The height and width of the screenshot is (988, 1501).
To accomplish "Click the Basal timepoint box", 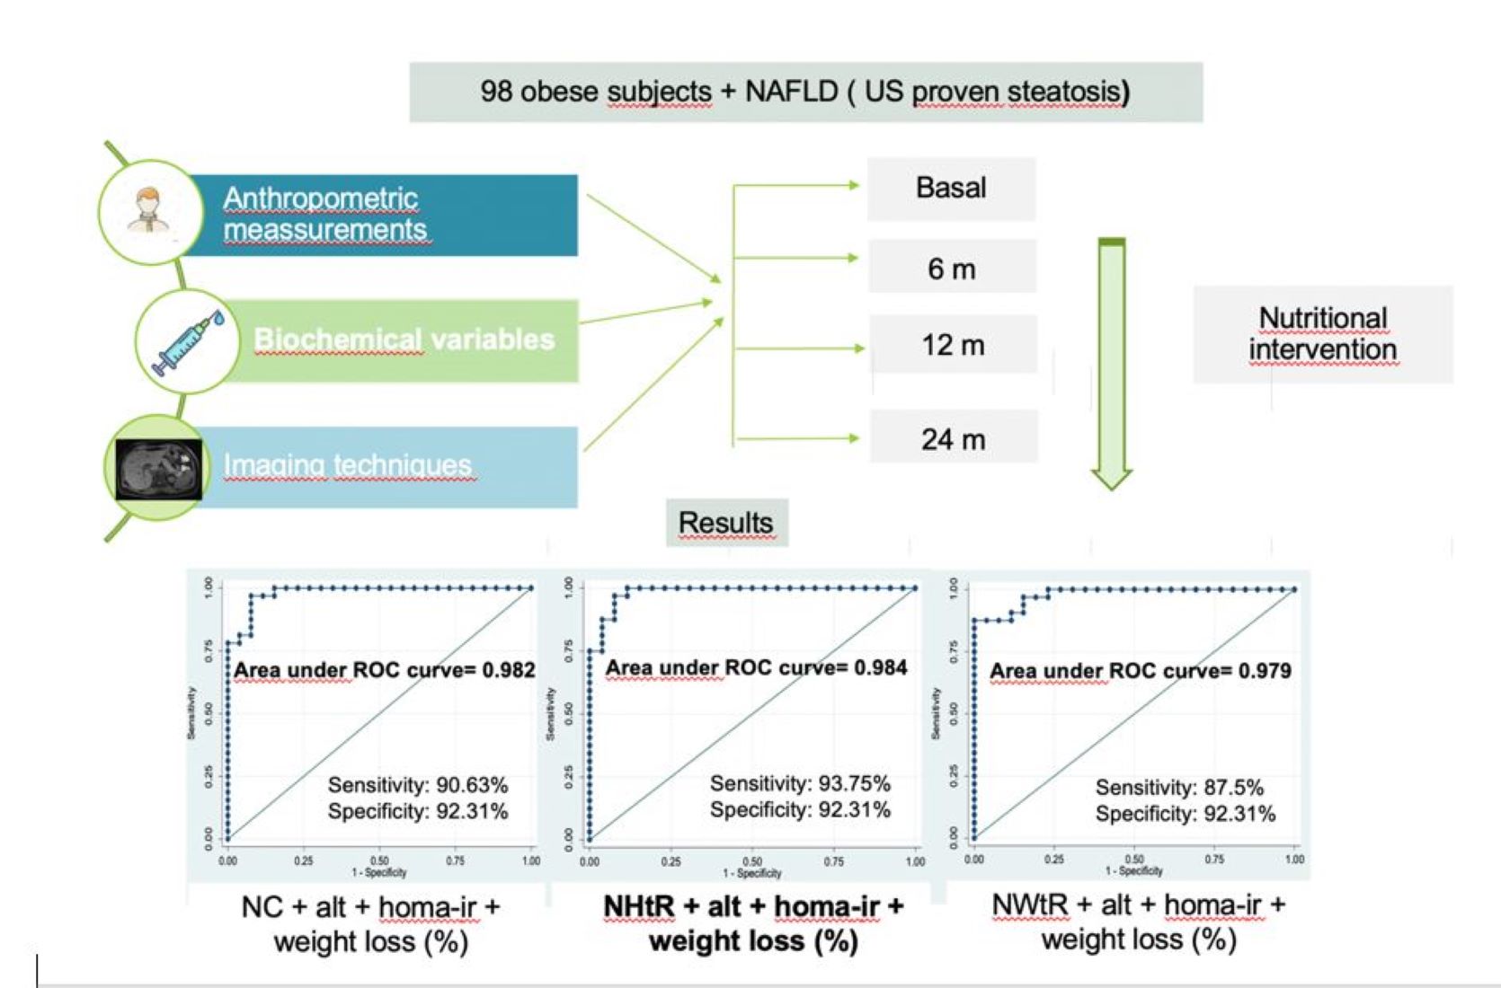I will [951, 189].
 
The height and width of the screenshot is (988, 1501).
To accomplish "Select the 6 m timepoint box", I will [952, 268].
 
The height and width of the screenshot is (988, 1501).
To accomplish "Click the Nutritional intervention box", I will [1322, 334].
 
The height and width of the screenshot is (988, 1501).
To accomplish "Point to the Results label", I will [726, 523].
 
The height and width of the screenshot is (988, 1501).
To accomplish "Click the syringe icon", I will [188, 342].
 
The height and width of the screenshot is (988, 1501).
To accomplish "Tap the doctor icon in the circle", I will [148, 211].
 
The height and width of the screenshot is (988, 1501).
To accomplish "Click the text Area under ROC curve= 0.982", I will [384, 670].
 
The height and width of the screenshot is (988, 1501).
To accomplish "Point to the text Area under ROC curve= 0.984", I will [756, 667].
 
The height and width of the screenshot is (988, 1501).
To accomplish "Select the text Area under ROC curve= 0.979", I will [1140, 671].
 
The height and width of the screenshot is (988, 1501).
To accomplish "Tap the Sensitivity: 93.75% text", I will [800, 783].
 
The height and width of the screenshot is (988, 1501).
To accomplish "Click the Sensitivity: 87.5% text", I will [1179, 788].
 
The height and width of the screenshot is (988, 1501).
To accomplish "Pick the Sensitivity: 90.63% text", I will [418, 785].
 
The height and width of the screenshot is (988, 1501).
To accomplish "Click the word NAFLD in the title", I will [791, 92].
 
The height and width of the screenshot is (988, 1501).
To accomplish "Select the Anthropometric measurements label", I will [324, 214].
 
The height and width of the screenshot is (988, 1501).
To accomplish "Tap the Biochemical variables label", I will [404, 340].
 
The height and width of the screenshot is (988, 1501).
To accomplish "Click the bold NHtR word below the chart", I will [638, 907].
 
